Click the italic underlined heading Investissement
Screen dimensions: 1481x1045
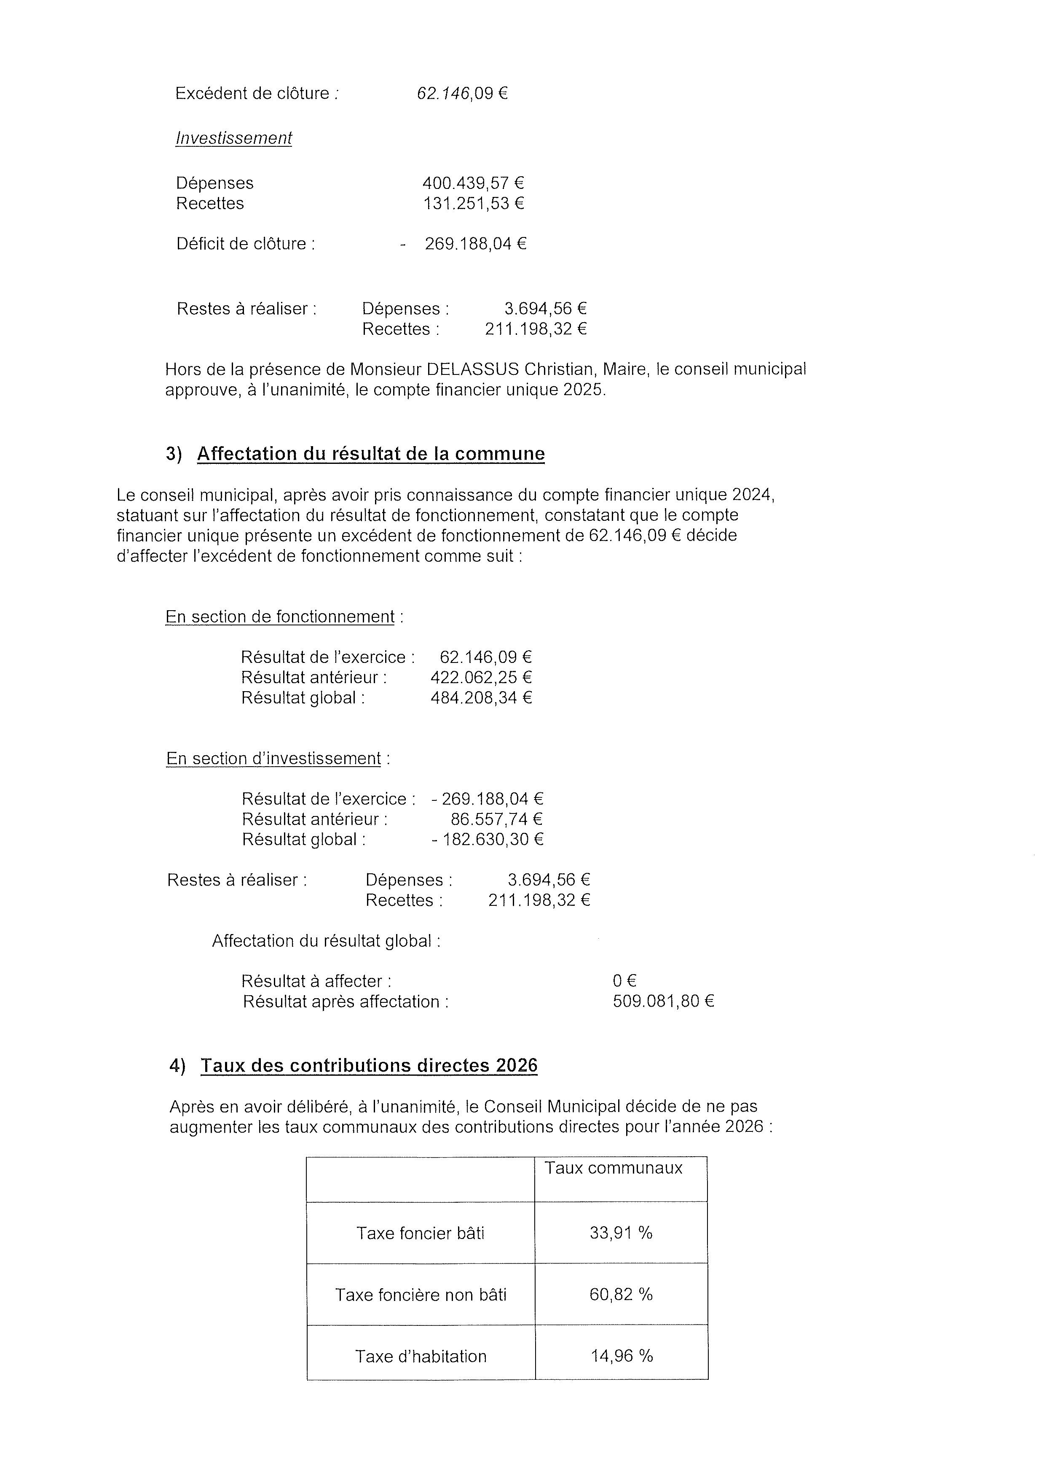point(233,138)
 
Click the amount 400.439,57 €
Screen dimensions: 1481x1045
point(472,183)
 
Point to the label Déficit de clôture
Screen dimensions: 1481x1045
point(246,244)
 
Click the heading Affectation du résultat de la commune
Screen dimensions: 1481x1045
point(371,454)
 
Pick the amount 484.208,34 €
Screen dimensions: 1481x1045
point(481,698)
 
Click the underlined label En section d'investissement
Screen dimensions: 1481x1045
point(273,759)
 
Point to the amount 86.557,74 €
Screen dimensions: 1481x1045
point(496,820)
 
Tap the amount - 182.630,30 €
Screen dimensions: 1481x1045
point(488,840)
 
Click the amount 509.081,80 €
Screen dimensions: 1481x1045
point(663,1002)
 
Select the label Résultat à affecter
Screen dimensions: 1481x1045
point(316,982)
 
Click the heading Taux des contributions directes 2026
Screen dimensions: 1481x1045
point(369,1066)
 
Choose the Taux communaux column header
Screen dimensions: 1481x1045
point(613,1168)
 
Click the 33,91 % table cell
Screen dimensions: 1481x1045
point(621,1233)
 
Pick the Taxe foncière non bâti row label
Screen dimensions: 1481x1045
point(421,1295)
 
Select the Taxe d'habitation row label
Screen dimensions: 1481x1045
point(421,1357)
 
